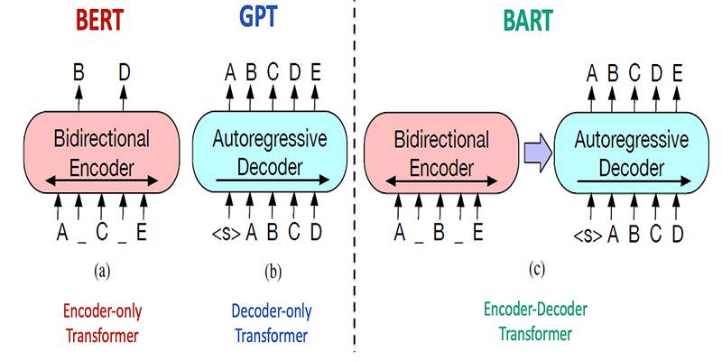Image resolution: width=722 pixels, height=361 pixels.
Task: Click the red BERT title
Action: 99,19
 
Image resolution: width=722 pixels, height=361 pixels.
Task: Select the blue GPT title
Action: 259,17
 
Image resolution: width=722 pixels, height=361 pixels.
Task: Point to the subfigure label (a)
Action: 102,273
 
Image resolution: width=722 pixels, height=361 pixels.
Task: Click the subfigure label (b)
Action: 273,273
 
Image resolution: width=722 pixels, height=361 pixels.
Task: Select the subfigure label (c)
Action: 536,270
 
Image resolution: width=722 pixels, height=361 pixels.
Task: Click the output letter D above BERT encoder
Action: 124,73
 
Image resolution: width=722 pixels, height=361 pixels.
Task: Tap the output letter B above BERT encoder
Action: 79,73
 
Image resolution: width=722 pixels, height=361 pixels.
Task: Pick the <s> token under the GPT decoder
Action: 227,234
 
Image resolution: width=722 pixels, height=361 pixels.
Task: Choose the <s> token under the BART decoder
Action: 588,236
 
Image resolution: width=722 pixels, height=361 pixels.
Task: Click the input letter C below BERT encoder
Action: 102,233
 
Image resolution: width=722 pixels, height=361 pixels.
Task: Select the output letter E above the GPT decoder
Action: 315,73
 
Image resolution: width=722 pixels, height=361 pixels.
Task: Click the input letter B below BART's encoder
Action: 439,233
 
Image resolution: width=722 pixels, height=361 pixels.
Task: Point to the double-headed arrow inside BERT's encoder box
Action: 102,181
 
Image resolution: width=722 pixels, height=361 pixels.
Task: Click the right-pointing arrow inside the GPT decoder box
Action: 273,180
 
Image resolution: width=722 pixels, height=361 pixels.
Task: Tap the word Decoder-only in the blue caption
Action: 270,311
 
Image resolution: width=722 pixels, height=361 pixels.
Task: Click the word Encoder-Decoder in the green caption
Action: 535,310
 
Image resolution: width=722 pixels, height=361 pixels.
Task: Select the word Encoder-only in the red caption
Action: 102,311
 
